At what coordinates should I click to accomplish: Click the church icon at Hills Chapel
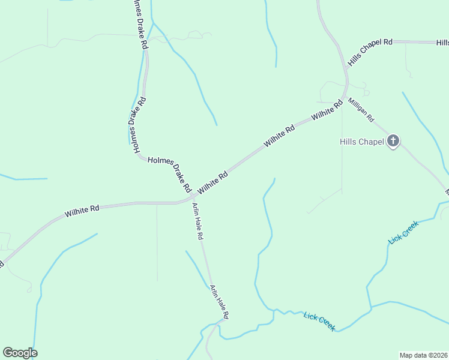click(393, 142)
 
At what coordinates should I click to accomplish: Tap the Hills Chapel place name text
click(361, 142)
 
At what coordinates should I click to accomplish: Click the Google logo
click(20, 353)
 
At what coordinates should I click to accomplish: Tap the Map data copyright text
click(424, 355)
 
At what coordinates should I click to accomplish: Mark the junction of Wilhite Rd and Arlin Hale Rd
click(193, 197)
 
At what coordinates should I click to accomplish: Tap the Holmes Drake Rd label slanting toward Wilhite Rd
click(169, 173)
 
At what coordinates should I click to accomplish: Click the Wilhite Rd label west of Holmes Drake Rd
click(82, 211)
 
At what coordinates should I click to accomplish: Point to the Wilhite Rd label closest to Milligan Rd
click(327, 110)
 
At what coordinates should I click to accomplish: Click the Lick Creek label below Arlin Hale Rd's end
click(319, 321)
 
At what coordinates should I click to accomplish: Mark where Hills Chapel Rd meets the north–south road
click(346, 67)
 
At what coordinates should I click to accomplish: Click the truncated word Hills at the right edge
click(443, 43)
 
